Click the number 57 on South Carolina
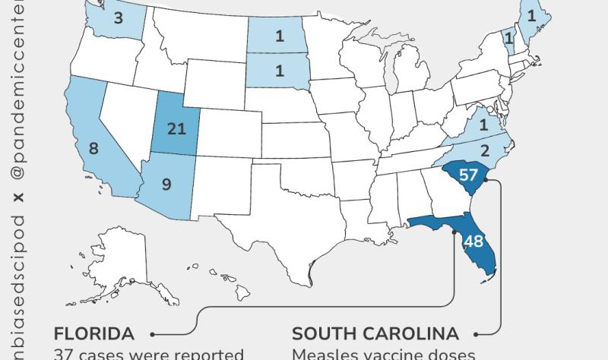pyautogui.click(x=468, y=175)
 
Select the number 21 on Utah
pyautogui.click(x=176, y=128)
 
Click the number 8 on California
pyautogui.click(x=93, y=148)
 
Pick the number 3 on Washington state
pyautogui.click(x=118, y=17)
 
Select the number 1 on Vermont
pyautogui.click(x=509, y=36)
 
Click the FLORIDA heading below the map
pyautogui.click(x=94, y=333)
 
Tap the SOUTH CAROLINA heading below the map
pyautogui.click(x=375, y=333)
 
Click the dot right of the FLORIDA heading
pyautogui.click(x=153, y=333)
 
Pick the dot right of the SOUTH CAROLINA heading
pyautogui.click(x=477, y=333)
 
